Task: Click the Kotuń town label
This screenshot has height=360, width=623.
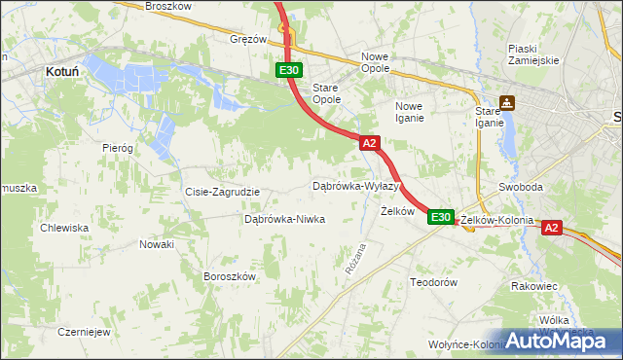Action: [62, 71]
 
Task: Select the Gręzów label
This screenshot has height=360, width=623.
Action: [248, 40]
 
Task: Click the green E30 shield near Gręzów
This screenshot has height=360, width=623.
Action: [288, 70]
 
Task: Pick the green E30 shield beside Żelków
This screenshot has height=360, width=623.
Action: [440, 217]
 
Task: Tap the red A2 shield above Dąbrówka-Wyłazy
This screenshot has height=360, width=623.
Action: [369, 143]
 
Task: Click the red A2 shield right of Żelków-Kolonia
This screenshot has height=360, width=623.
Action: [551, 228]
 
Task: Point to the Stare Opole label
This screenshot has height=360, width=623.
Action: [326, 93]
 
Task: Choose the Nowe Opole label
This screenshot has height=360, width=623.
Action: [375, 62]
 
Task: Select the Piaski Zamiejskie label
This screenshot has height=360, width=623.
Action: [533, 54]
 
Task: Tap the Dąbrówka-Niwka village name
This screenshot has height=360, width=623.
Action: [284, 220]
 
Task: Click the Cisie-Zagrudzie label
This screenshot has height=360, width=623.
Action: [222, 192]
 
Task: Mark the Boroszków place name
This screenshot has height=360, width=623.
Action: [229, 276]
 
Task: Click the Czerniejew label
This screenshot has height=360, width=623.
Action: [82, 331]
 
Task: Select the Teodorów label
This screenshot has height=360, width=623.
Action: [433, 282]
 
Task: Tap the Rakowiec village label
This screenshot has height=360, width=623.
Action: [533, 287]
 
